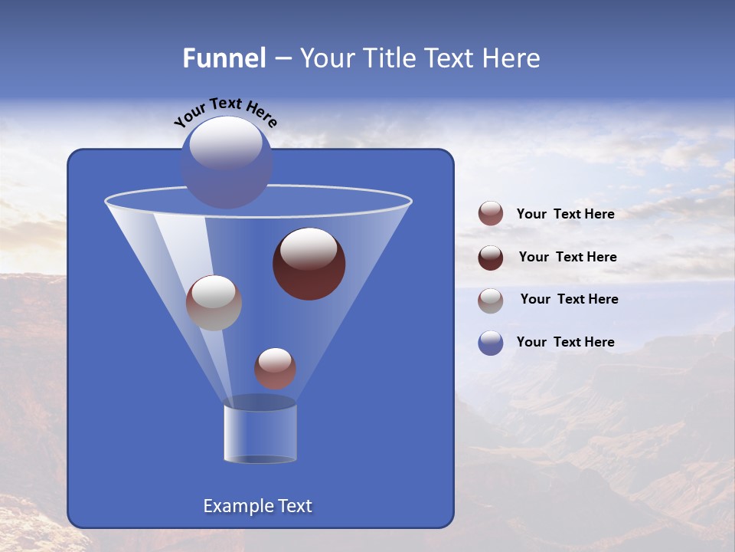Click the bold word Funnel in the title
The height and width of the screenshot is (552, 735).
pos(224,58)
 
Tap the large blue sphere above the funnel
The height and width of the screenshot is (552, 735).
pos(226,163)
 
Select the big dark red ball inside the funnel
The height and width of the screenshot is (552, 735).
pos(309,264)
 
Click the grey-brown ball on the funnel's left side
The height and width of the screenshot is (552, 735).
pos(214,303)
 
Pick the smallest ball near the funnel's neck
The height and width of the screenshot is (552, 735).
pos(275,369)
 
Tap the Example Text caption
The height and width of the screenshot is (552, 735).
pos(257,506)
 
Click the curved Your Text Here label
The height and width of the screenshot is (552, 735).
pos(226,112)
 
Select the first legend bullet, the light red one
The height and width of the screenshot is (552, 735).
pos(491,214)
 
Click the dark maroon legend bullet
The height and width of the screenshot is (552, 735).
pos(491,258)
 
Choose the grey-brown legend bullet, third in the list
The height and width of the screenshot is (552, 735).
pos(491,301)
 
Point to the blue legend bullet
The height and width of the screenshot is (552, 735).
pos(491,343)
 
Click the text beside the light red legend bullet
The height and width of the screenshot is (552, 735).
pos(565,215)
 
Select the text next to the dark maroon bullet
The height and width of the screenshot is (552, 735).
pos(567,258)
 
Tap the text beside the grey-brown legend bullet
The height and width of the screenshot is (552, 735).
pos(569,300)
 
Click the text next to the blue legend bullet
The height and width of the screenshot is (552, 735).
pos(565,342)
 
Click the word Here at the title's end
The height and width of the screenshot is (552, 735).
pos(512,58)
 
